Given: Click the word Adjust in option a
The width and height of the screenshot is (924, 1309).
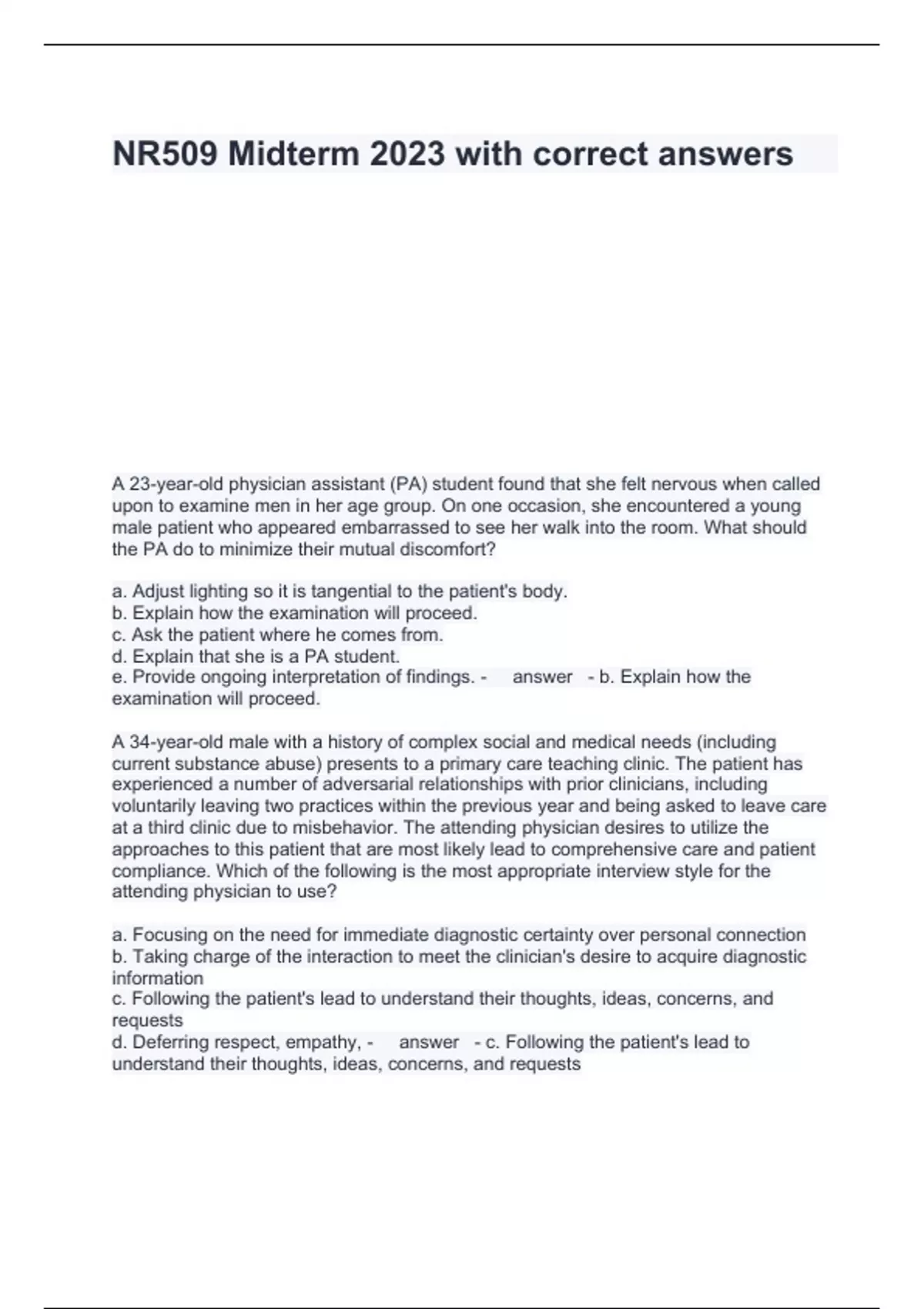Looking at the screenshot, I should pyautogui.click(x=159, y=591).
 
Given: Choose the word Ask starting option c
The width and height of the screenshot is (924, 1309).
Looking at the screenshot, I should pyautogui.click(x=147, y=635).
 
